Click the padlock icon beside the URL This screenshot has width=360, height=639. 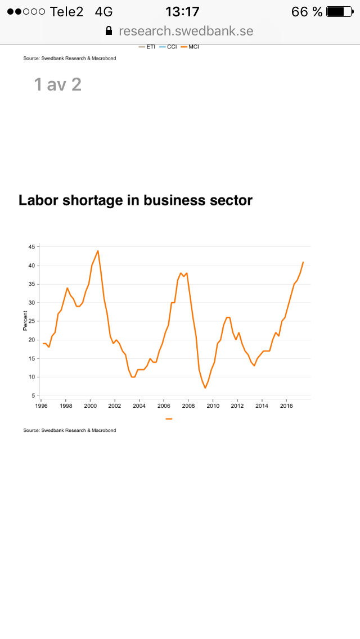point(109,31)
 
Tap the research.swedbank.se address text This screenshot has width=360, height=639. point(186,31)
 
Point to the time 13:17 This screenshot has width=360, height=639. point(182,11)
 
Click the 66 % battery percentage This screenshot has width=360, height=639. point(307,11)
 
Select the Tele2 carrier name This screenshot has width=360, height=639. point(66,11)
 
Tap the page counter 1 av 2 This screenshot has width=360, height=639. point(58,84)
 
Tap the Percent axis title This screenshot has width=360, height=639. point(25,321)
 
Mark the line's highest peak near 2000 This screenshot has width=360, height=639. point(98,251)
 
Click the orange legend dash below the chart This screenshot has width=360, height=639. point(169,418)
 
